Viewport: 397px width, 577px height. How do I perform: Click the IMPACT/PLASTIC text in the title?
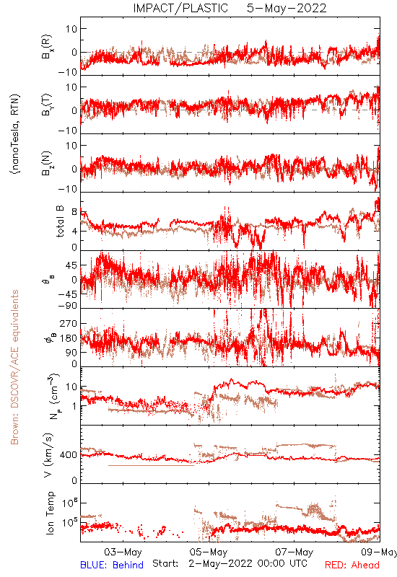180,8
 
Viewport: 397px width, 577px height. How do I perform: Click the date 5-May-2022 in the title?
287,8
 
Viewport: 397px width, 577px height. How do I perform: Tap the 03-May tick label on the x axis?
123,552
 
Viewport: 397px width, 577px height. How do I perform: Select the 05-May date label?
209,552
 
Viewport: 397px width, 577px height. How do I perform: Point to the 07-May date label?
295,552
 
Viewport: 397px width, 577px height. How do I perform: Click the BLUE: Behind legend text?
112,565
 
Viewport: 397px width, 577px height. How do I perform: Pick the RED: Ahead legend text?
352,565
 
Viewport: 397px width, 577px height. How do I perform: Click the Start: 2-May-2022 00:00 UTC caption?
230,563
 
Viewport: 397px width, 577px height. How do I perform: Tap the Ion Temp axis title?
50,513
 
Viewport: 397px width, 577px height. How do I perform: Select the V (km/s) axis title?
49,455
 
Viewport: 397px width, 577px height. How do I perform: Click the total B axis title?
60,221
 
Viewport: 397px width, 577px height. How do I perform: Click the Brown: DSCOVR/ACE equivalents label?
14,367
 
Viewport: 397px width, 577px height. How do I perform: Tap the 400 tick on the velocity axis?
69,455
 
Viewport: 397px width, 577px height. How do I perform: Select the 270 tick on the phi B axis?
69,323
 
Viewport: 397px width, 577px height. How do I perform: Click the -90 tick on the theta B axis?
68,306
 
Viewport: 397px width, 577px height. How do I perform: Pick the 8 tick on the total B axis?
74,212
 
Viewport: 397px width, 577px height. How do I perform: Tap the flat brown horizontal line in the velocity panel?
151,465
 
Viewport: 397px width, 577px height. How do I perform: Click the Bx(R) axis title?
47,47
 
